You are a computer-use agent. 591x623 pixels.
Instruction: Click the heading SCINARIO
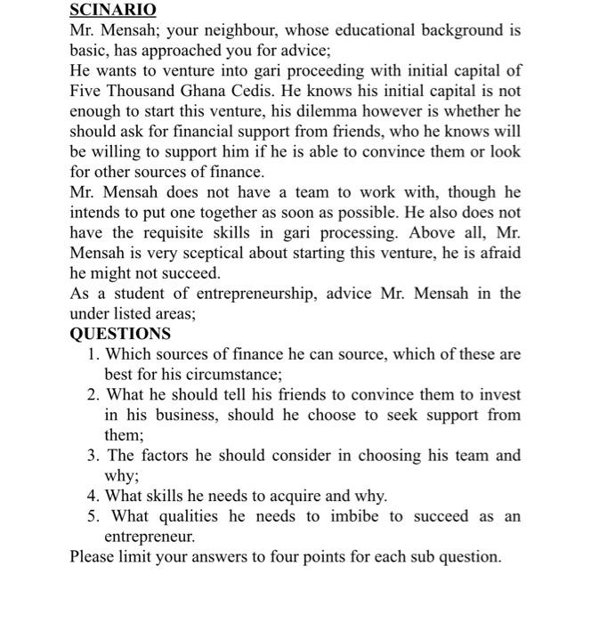pos(113,10)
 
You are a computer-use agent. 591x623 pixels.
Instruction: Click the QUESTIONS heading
pos(120,334)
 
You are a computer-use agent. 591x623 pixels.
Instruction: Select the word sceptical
pos(207,253)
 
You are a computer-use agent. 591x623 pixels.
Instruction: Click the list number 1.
pos(93,354)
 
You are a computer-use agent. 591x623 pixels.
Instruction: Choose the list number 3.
pos(93,456)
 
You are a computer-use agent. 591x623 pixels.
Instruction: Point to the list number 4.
pos(93,496)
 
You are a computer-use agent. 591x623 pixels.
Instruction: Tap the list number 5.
pos(93,516)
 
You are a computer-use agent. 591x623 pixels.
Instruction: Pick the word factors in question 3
pos(163,456)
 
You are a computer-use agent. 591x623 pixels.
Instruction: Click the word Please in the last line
pos(93,557)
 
